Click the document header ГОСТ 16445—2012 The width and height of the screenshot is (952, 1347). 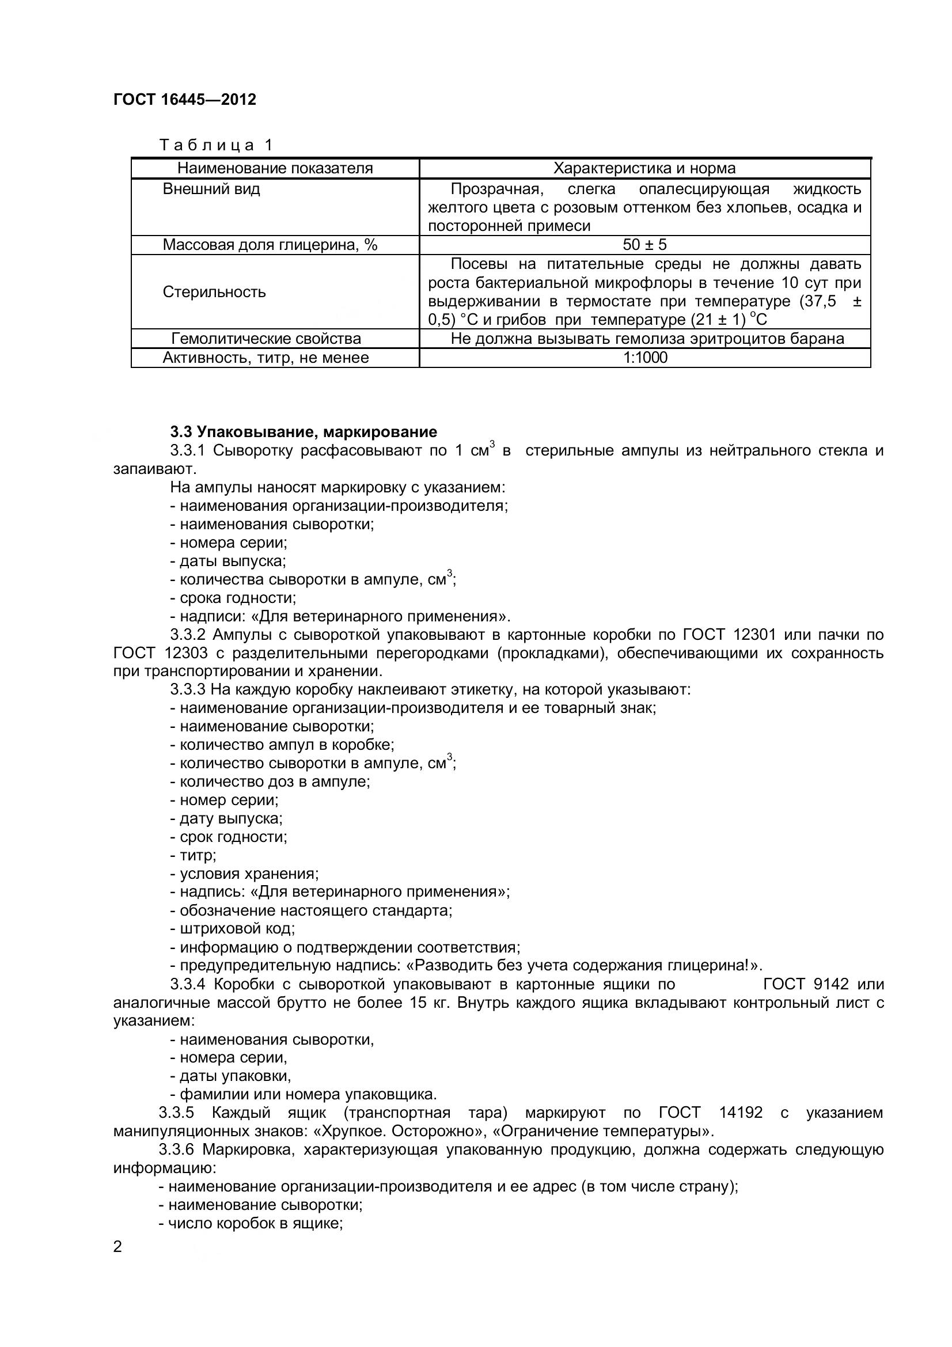tap(185, 100)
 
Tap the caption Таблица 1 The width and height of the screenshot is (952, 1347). tap(217, 145)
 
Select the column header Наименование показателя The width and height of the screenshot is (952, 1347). tap(275, 168)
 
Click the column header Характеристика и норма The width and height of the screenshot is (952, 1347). tap(644, 168)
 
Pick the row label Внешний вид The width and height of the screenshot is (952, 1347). tap(211, 189)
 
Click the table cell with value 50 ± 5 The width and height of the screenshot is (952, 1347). tap(644, 245)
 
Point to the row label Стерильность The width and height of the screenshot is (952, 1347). tap(214, 291)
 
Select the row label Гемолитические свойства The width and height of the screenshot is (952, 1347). tap(266, 339)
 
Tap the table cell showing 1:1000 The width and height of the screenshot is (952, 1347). tap(644, 357)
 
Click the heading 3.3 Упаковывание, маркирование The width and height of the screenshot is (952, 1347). tap(304, 432)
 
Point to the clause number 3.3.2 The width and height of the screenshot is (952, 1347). tap(188, 634)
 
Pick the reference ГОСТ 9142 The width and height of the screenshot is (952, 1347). tap(806, 984)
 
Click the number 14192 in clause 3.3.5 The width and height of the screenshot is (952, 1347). tap(741, 1113)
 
